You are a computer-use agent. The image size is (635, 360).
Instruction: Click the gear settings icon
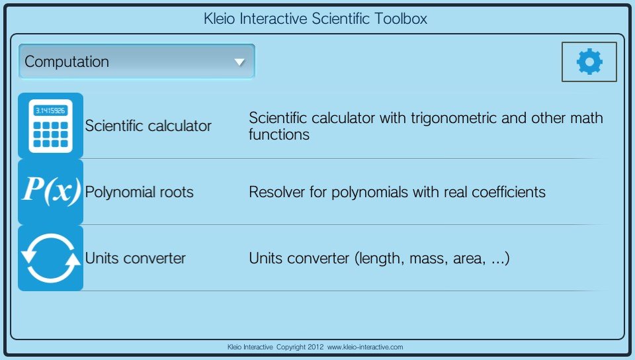tap(589, 62)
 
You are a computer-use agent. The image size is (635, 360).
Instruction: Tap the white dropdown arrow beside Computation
tap(239, 62)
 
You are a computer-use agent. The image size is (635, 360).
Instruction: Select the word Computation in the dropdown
tap(67, 62)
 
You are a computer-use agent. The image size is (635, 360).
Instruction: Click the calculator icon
tap(51, 126)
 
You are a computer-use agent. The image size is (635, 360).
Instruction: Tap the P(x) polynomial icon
tap(51, 191)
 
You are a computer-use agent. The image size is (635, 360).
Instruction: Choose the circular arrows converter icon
tap(51, 258)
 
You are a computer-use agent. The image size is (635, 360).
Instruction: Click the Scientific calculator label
tap(148, 126)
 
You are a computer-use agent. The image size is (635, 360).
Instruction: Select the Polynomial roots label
tap(140, 192)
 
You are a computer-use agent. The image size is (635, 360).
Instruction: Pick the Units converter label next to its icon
tap(135, 258)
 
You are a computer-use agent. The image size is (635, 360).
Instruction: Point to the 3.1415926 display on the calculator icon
tap(51, 111)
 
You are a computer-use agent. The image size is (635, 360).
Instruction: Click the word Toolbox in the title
tap(401, 19)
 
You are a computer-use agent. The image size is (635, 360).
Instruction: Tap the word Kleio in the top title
tap(219, 19)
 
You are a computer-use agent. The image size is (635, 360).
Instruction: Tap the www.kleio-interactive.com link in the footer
tap(365, 347)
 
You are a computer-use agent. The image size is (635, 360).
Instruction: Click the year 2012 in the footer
tap(316, 347)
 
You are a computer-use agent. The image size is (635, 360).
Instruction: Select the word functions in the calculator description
tap(279, 134)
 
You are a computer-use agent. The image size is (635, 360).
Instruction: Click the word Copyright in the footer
tap(291, 347)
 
